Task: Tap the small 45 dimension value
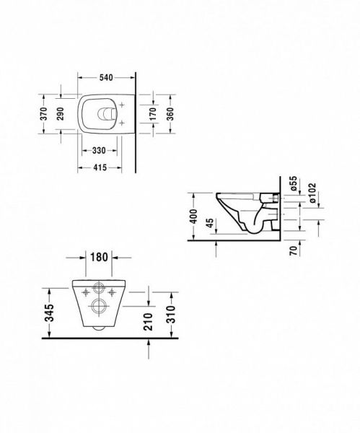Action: click(209, 226)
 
